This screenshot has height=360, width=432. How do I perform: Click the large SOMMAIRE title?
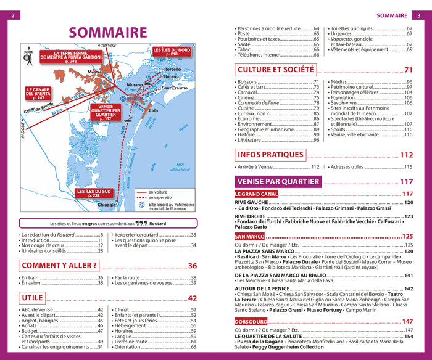point(107,33)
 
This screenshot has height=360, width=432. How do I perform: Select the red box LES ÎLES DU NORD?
point(172,52)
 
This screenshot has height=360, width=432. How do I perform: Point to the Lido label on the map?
point(154,111)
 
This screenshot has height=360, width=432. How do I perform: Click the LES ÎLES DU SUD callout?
point(93,193)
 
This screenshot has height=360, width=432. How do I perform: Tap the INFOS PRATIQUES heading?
point(270,155)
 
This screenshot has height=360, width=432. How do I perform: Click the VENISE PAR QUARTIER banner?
point(278,181)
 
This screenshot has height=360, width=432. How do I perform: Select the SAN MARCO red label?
point(249,236)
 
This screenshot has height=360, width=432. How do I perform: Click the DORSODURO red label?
point(251,321)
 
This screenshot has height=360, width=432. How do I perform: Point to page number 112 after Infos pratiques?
point(406,155)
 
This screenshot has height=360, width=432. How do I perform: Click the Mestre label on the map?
point(94,72)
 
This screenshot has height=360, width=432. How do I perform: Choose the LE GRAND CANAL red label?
point(256,194)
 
